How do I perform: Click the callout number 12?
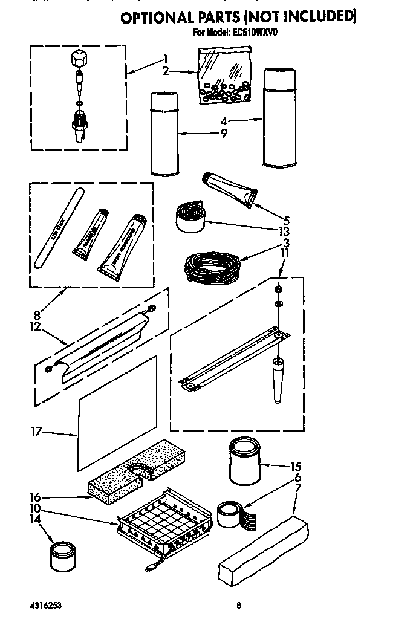tap(35, 327)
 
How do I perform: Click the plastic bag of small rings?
tap(224, 76)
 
